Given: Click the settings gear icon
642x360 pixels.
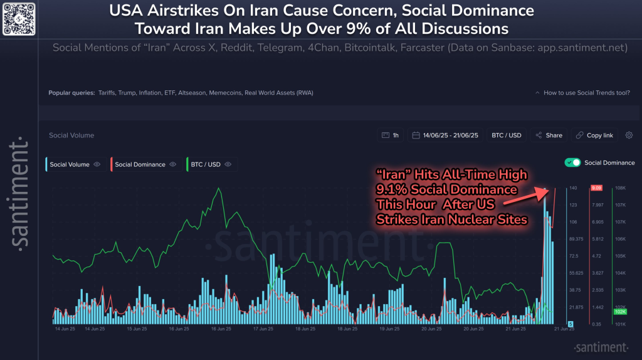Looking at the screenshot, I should [x=629, y=135].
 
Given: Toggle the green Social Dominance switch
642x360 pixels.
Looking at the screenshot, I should [x=572, y=162].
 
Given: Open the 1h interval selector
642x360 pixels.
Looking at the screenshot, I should [x=391, y=135].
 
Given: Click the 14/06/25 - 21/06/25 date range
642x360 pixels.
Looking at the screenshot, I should [x=445, y=135].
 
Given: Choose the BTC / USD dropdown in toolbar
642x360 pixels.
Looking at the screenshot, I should [x=507, y=135].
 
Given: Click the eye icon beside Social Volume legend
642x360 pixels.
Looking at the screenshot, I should [x=97, y=164].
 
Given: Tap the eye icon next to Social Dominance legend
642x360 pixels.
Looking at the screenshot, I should [x=173, y=164].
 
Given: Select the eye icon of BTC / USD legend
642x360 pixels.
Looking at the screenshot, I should [x=228, y=164].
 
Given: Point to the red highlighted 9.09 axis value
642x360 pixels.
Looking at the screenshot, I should [x=596, y=188].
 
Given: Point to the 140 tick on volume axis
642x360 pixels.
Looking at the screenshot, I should [x=573, y=188].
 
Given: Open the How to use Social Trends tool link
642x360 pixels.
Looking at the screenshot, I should [x=586, y=93].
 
